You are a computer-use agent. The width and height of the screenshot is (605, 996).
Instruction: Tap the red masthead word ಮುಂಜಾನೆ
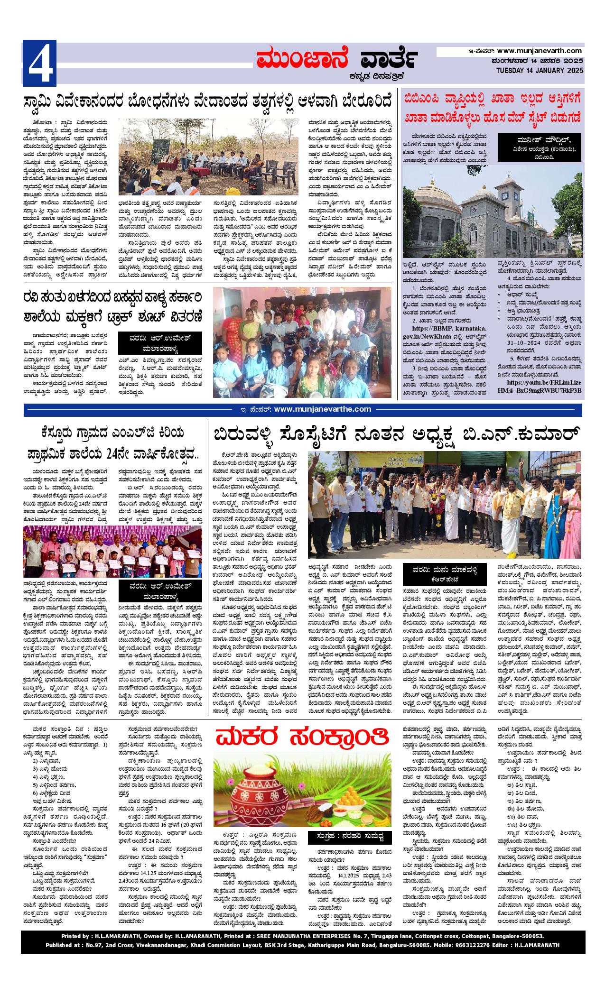(302, 61)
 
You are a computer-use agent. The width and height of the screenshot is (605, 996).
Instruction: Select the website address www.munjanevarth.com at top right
(540, 51)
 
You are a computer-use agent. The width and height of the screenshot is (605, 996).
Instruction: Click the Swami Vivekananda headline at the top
(209, 102)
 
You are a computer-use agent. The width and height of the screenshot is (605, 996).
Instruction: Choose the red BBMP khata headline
(492, 107)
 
